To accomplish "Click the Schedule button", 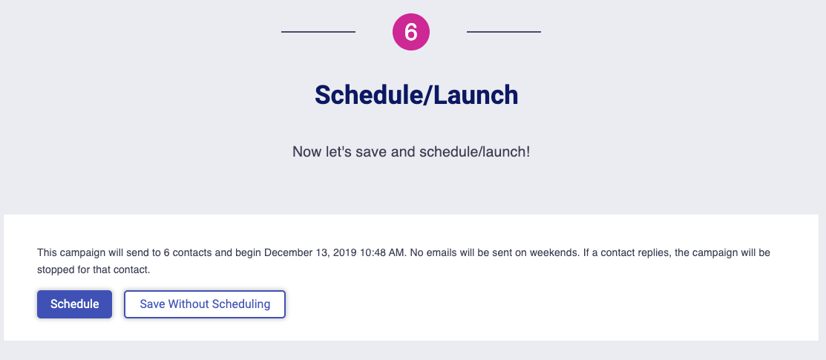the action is (x=74, y=304).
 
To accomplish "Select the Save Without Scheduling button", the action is (x=205, y=304).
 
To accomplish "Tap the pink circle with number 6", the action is (x=411, y=32).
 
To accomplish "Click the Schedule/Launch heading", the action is (x=416, y=95).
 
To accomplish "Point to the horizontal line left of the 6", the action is (x=318, y=32).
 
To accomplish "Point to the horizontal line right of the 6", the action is (x=504, y=32).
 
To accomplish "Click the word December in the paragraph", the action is (x=287, y=252).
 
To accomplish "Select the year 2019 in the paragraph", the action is (x=345, y=252).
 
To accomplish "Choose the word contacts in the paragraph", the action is (x=191, y=252).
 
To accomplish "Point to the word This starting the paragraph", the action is (x=46, y=252).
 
